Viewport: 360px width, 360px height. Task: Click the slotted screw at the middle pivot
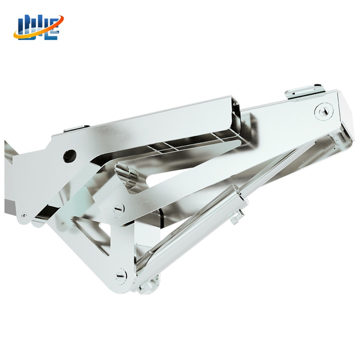(119, 210)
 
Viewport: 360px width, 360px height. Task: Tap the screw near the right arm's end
(323, 111)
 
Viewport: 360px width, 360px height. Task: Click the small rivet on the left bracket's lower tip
(24, 215)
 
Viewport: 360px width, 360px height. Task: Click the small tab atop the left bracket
(76, 129)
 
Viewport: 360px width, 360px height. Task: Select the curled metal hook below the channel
(127, 174)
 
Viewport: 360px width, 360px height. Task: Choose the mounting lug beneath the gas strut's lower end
(147, 284)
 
